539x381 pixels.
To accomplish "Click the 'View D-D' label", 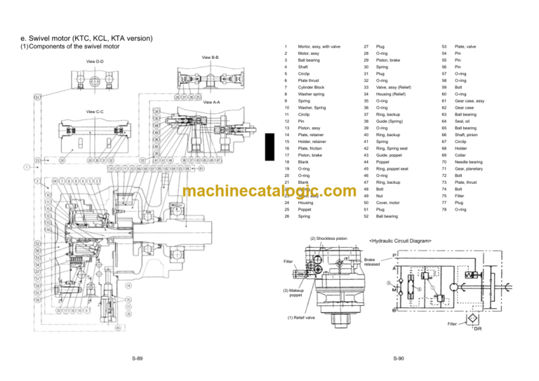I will tap(95, 62).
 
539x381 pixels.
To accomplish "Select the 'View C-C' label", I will tap(95, 111).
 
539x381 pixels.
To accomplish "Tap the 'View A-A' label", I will tap(211, 102).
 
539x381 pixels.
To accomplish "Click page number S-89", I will tap(138, 359).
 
